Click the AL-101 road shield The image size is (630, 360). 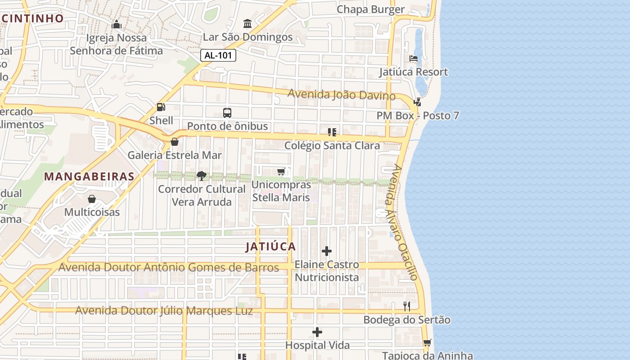point(218,55)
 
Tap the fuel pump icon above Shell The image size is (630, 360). point(161,107)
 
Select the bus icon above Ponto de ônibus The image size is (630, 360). point(227,113)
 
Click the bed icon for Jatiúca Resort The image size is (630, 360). point(414,59)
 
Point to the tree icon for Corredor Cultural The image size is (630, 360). point(202,175)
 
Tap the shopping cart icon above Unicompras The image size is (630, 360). point(281,171)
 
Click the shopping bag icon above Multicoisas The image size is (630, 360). point(92,199)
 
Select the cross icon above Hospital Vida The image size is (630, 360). point(317,333)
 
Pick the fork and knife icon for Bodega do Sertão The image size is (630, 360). point(407,307)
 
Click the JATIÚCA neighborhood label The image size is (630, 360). point(270,247)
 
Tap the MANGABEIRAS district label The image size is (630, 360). point(89,176)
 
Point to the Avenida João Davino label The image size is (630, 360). point(342,95)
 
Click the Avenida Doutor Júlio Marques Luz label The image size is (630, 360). point(164,310)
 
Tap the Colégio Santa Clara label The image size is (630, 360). point(332,145)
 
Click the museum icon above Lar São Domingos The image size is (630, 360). point(247,23)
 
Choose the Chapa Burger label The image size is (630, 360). point(370,9)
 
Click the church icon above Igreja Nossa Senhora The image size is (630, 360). point(117,24)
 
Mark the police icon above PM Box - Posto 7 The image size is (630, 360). point(418,102)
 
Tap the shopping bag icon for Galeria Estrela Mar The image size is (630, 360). point(175,142)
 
